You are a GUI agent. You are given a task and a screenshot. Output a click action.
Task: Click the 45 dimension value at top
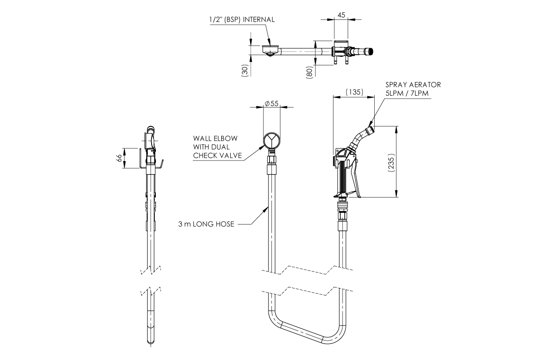[x=341, y=15]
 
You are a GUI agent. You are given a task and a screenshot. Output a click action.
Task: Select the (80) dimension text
[x=309, y=72]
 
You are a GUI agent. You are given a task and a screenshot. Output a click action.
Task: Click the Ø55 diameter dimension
[x=271, y=103]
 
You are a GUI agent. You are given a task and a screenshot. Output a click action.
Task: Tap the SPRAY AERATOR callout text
[x=413, y=85]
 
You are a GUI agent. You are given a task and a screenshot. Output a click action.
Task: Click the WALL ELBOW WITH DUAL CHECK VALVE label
[x=216, y=147]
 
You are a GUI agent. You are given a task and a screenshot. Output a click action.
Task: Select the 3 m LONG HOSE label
[x=206, y=224]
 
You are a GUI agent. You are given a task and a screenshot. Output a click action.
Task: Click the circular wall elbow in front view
[x=271, y=141]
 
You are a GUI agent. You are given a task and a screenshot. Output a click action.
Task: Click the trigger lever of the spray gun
[x=357, y=180]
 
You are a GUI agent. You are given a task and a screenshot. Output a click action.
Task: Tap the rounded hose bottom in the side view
[x=151, y=339]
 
